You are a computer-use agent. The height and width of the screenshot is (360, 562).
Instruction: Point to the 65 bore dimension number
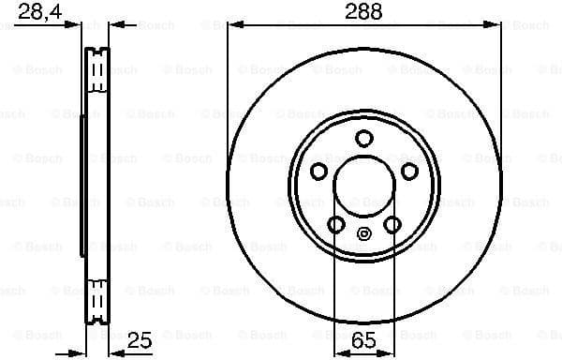(364, 341)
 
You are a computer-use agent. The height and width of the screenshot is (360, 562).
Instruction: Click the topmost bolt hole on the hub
(364, 139)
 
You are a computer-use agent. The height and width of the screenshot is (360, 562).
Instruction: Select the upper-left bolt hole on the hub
(318, 172)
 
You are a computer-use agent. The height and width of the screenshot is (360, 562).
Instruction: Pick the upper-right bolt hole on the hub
(409, 172)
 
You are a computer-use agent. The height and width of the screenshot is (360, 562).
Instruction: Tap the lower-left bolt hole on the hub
(336, 224)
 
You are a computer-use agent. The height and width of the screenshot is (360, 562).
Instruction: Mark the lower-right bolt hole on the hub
(392, 224)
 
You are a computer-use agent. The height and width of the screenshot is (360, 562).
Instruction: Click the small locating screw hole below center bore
(364, 234)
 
